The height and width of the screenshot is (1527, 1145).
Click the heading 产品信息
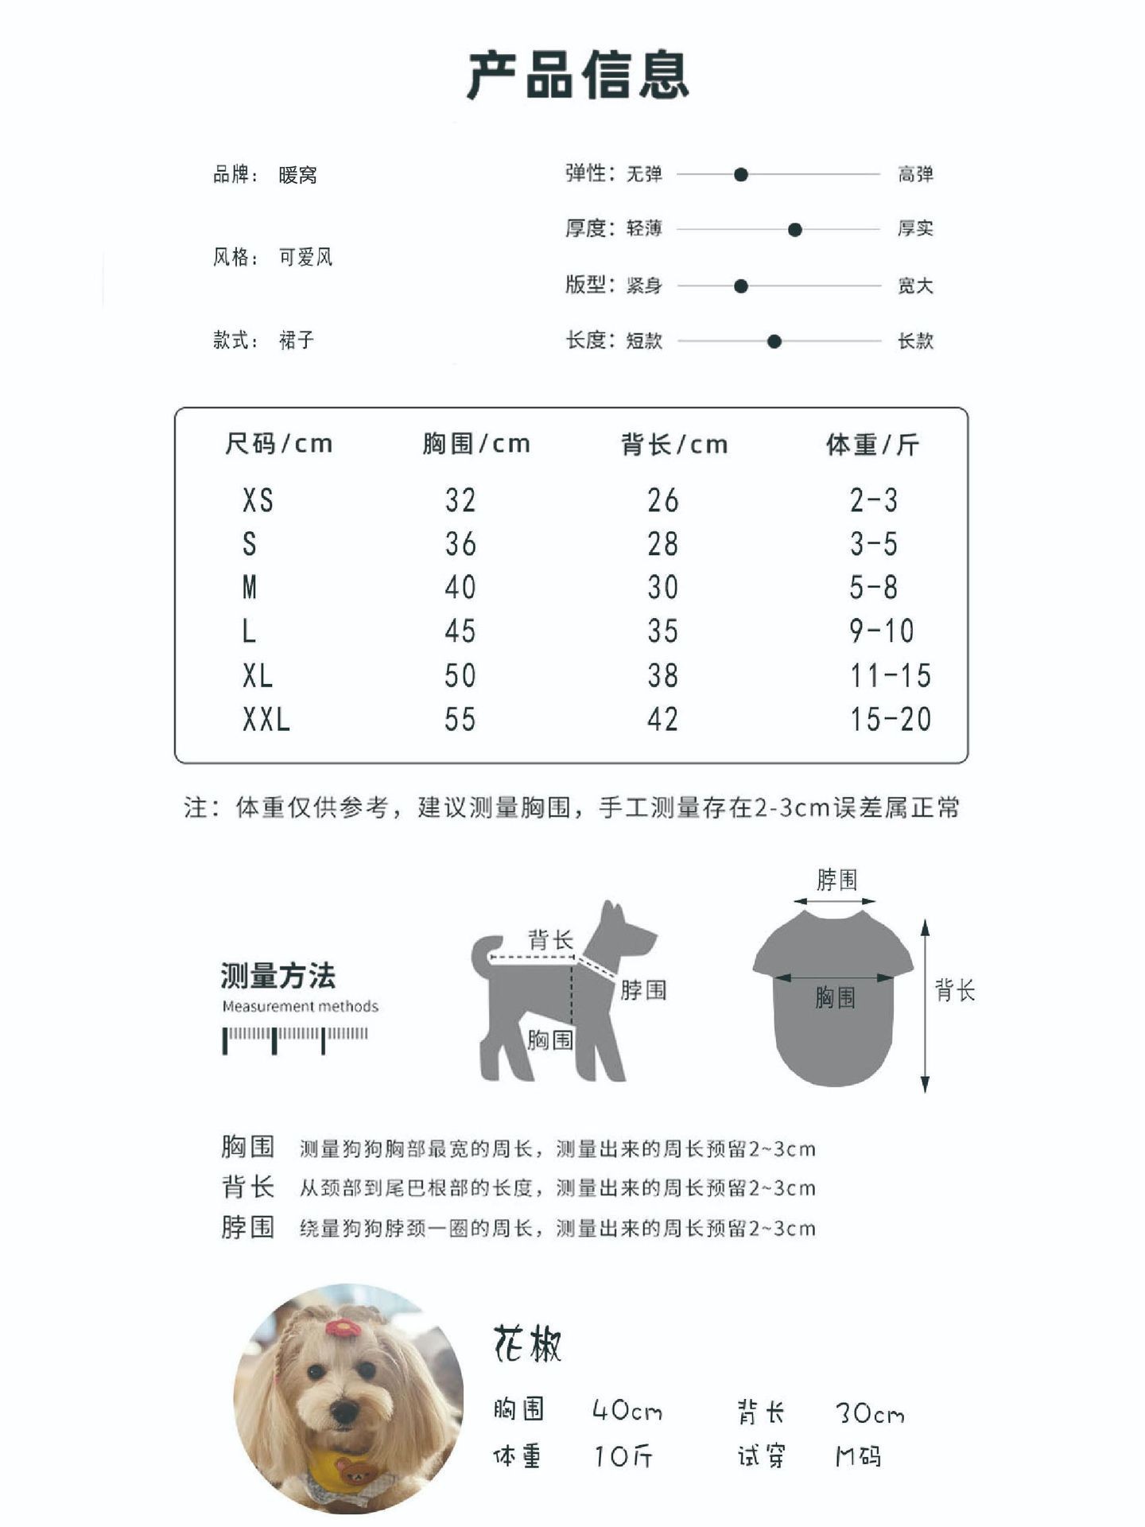[577, 76]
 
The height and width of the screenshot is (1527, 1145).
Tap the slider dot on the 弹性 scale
[740, 174]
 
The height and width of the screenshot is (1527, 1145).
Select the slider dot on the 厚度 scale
[794, 230]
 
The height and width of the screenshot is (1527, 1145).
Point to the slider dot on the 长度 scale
[774, 341]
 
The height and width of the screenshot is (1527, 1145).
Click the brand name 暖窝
[298, 175]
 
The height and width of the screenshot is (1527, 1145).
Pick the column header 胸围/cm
[475, 444]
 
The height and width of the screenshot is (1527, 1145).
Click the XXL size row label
[266, 720]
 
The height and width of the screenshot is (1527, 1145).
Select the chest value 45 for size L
[460, 631]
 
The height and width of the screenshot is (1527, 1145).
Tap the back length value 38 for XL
[662, 676]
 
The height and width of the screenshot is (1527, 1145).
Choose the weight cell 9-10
[882, 631]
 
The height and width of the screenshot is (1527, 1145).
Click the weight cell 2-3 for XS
[873, 501]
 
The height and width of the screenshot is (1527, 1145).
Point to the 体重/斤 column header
[872, 445]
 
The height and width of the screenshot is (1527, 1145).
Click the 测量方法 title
[278, 975]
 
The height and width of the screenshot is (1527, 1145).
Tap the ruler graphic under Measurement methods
[295, 1039]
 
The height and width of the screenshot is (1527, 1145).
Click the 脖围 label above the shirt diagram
[836, 880]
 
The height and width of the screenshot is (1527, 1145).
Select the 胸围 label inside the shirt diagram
[835, 997]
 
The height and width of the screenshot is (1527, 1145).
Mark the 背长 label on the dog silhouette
[550, 940]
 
